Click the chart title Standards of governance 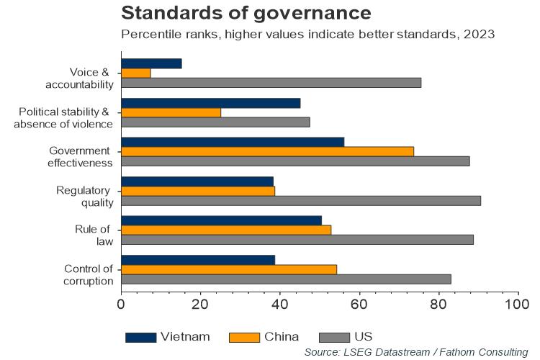coord(246,13)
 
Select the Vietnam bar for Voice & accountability coord(151,63)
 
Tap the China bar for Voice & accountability coord(135,73)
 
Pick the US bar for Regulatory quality coord(301,200)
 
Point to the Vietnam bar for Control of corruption coord(198,259)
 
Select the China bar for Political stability coord(171,112)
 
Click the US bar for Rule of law coord(297,240)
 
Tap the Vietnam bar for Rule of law coord(222,220)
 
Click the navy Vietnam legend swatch coord(140,336)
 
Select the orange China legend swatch coord(243,336)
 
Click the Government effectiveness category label coord(81,156)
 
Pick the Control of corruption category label coord(88,274)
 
